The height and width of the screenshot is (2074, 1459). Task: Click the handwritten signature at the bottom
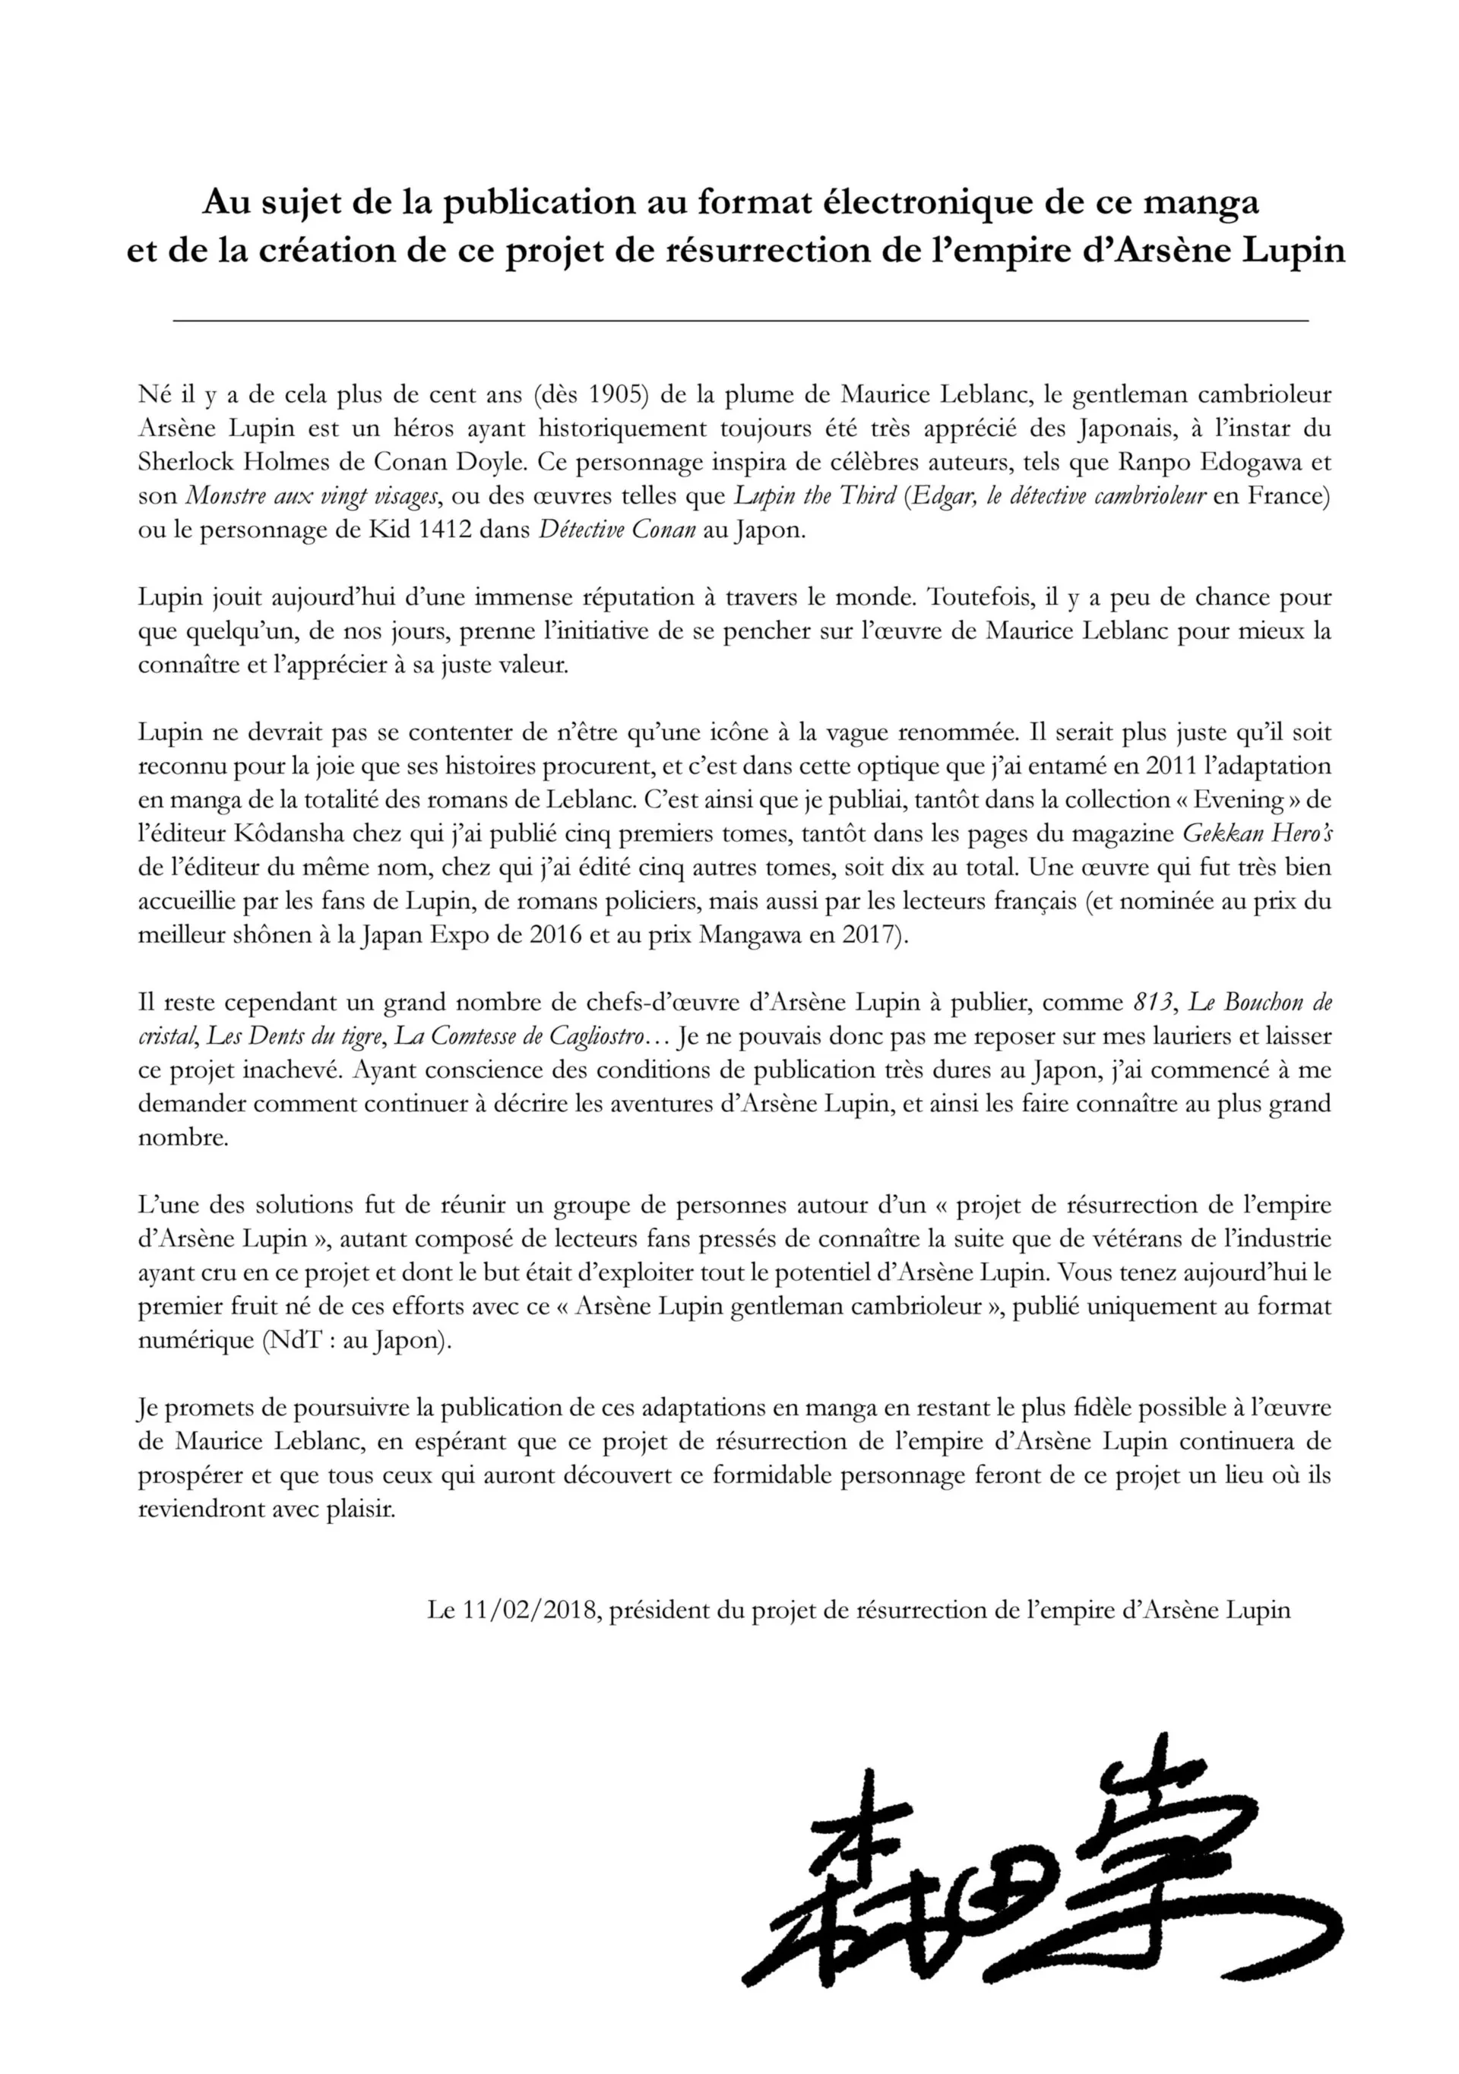(1039, 1874)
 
